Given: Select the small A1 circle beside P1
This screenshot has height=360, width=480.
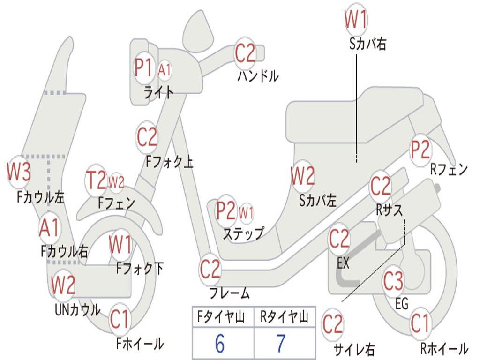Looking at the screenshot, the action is point(165,70).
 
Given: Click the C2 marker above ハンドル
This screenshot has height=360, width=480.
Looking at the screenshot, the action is point(245,53).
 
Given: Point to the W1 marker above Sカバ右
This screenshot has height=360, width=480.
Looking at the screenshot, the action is point(356,20).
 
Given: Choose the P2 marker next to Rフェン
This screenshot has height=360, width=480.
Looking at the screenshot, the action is point(420,150).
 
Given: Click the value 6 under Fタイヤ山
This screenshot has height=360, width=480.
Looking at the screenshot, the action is point(220,344).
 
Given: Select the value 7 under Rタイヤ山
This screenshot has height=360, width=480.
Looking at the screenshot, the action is point(281,344).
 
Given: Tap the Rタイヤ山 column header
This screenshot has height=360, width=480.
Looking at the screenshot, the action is point(284,318).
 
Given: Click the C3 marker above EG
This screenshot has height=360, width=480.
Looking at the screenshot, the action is point(393,282).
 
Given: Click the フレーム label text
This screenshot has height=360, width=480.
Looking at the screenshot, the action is point(229,294).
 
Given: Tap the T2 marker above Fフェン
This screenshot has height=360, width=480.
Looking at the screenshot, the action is point(96,181).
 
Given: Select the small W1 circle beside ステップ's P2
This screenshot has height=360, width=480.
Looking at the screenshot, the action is point(246,212).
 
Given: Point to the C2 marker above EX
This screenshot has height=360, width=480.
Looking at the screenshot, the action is point(339,240).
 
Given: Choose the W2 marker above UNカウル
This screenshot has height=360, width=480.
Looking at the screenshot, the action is point(63,285).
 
